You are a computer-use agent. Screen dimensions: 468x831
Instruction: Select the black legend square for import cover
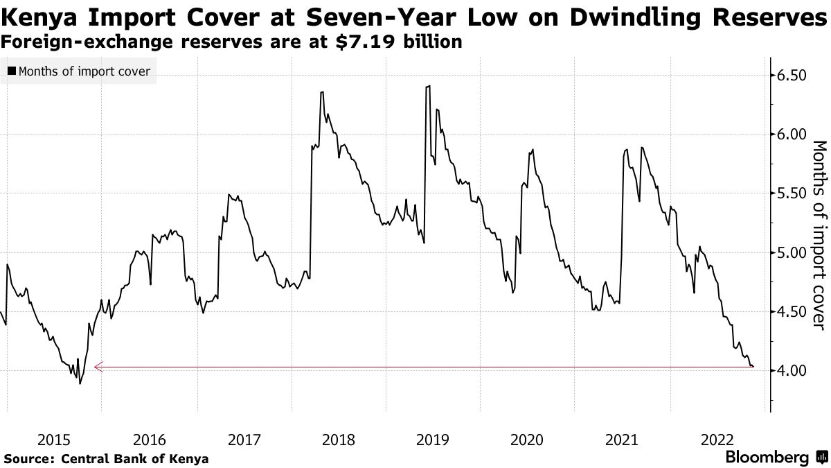click(x=12, y=71)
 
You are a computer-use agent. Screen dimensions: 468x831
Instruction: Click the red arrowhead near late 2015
click(x=98, y=367)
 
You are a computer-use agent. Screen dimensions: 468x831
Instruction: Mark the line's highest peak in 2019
click(x=429, y=86)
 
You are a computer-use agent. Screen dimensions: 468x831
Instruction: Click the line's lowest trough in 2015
click(x=80, y=383)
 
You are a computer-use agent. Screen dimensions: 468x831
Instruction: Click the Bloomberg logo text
click(x=767, y=458)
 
